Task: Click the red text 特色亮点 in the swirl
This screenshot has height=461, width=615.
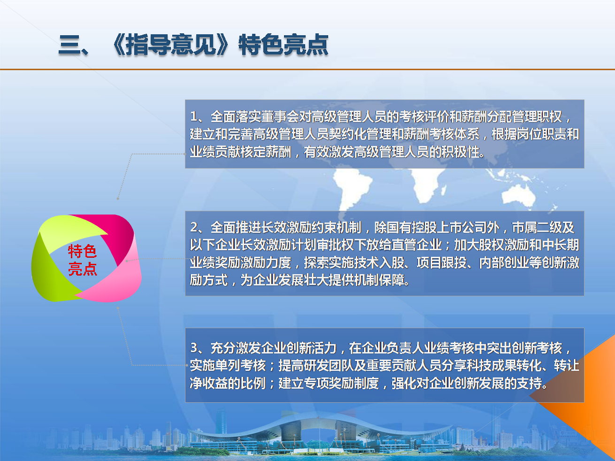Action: pos(82,260)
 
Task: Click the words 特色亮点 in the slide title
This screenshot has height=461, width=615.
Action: pos(283,45)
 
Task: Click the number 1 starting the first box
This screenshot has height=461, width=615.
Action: pos(193,117)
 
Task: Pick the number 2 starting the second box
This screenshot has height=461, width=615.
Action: pos(194,227)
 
